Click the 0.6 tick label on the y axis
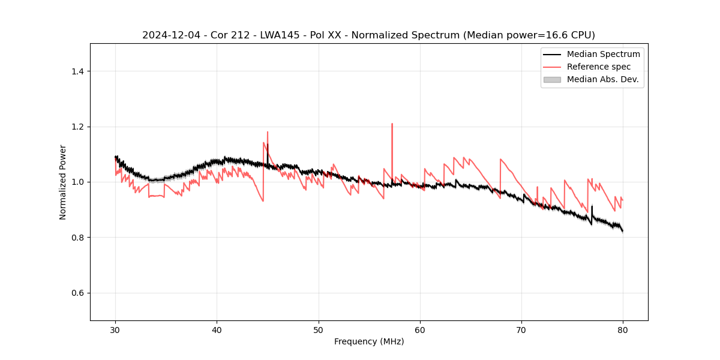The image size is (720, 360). (78, 293)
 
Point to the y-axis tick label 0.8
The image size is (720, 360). (78, 238)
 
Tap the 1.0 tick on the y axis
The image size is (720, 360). (78, 182)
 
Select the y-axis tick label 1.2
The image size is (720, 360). (78, 127)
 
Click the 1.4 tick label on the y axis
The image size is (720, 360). (78, 71)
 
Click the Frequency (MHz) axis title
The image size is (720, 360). (369, 341)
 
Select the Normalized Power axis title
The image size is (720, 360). (63, 182)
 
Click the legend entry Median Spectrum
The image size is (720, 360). (603, 54)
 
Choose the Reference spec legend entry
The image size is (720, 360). (598, 67)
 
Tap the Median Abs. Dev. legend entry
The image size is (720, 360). (602, 79)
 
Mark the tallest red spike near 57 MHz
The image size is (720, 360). (392, 124)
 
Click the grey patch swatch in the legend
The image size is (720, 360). (552, 79)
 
